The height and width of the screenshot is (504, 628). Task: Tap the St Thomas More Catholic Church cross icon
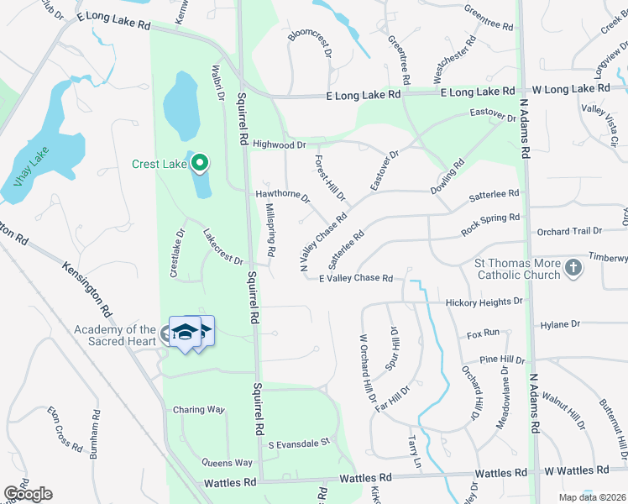tap(573, 268)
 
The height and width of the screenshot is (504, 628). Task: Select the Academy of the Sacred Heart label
tap(114, 335)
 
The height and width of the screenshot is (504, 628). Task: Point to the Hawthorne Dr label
tap(283, 196)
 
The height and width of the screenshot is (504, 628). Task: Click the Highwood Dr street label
tap(279, 144)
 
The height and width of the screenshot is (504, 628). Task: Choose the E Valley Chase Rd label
tap(356, 278)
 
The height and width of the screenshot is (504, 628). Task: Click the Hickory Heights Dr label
tap(484, 302)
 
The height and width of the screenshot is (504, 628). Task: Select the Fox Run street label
tap(483, 333)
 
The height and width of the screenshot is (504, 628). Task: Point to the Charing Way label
tap(198, 410)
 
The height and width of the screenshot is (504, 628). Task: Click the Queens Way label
tap(227, 463)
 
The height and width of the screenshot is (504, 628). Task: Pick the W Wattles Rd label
tap(575, 470)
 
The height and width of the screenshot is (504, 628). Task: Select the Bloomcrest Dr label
tap(311, 45)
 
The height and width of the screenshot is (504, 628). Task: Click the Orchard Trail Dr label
tap(570, 230)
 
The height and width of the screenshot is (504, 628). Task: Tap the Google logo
tap(28, 494)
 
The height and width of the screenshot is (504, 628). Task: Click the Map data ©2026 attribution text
tap(593, 497)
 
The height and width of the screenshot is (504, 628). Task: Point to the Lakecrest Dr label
tap(223, 248)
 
